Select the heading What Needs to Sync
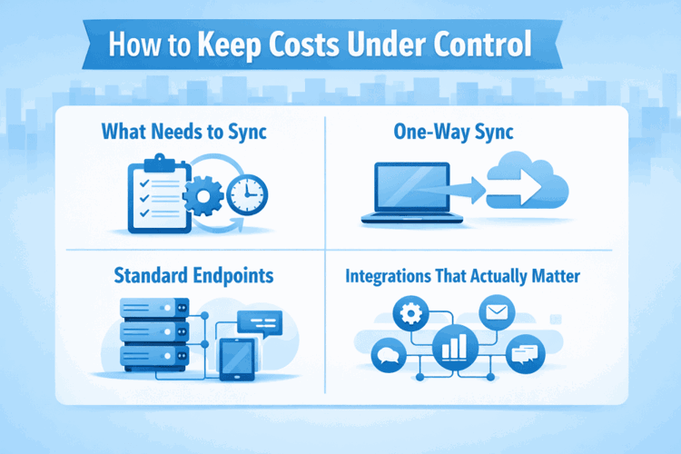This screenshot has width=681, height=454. [183, 133]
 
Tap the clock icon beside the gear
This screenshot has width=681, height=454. [246, 193]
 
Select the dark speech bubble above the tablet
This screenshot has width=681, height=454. [259, 321]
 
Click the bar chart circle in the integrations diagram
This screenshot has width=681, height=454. [455, 348]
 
